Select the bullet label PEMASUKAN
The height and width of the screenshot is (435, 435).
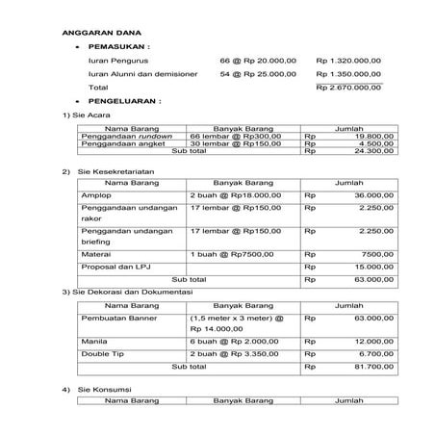tap(119, 45)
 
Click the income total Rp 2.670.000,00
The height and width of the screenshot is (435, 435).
tap(348, 88)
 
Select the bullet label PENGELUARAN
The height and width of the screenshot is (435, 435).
tap(125, 101)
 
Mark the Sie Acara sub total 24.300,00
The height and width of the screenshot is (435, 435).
tap(373, 152)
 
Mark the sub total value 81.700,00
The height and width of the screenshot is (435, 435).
tap(371, 367)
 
